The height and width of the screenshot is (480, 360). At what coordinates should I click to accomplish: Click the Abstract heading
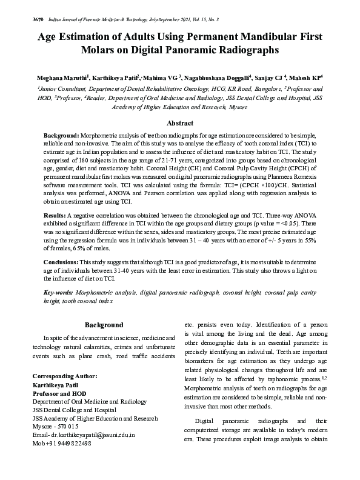point(179,122)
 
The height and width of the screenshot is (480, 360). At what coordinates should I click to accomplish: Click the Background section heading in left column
point(104,325)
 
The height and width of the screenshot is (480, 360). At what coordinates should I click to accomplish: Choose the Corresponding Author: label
point(64,376)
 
